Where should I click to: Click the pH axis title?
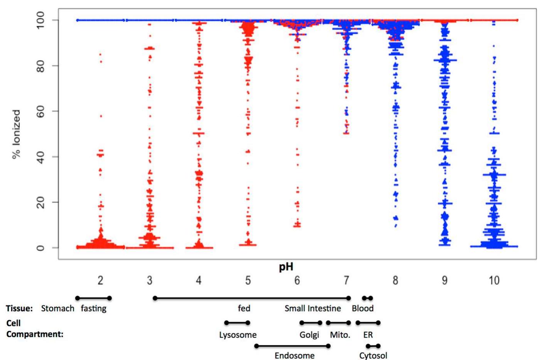pos(286,267)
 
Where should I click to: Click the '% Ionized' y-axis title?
pos(16,134)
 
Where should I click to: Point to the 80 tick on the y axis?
pos(40,66)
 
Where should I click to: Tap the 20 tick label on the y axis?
pos(40,202)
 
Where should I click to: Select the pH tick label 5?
pos(248,281)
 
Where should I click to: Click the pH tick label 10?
pos(494,281)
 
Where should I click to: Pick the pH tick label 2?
pos(100,281)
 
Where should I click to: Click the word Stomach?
pos(57,309)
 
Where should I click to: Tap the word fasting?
pos(93,309)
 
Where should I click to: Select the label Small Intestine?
pos(313,309)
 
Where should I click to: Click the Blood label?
pos(362,309)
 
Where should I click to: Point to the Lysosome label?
pos(238,335)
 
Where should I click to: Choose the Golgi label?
pos(309,335)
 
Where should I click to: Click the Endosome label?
pos(294,355)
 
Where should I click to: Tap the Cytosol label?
pos(373,355)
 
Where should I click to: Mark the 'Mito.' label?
pos(340,335)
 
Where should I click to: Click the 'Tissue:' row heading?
pos(19,309)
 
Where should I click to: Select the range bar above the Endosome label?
pos(292,346)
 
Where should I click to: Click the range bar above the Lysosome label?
pos(237,323)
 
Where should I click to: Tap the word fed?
pos(244,309)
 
